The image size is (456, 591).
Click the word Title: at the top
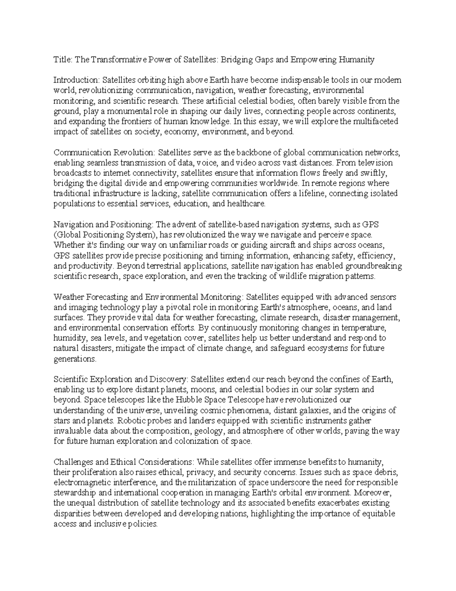coord(62,59)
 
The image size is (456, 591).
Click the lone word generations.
coord(75,358)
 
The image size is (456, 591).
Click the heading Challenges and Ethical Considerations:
coord(123,462)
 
